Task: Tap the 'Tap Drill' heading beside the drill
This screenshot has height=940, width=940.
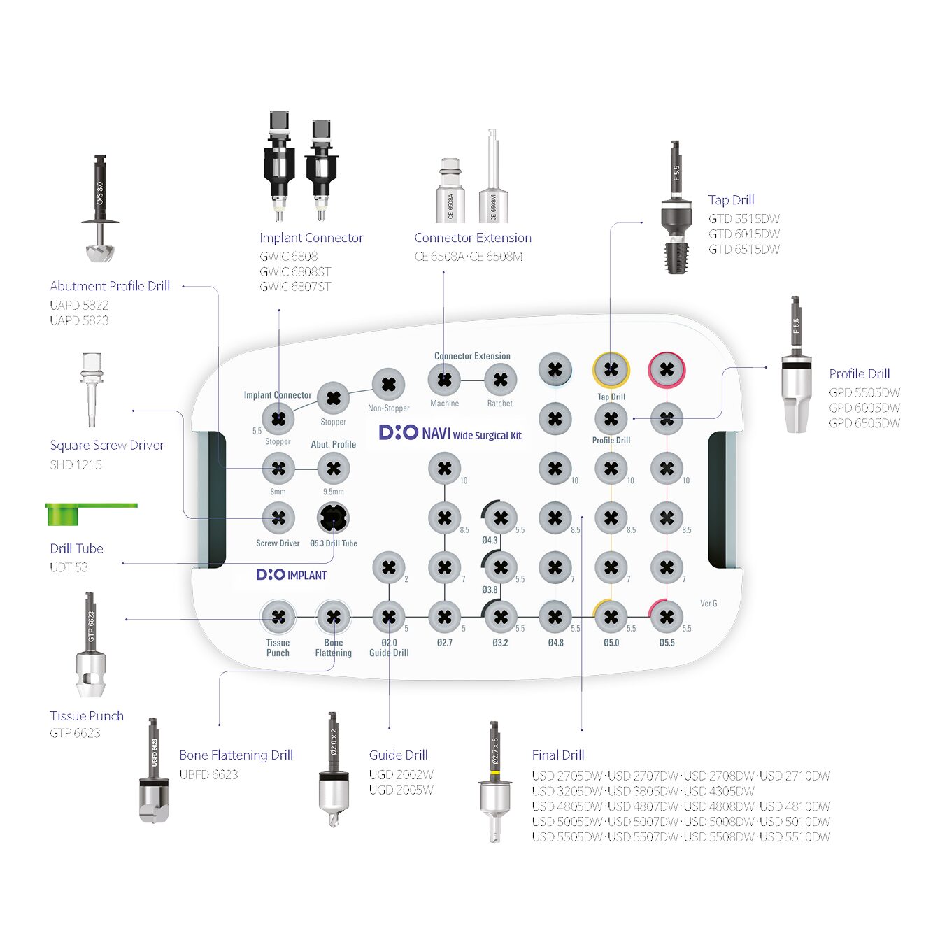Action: tap(731, 200)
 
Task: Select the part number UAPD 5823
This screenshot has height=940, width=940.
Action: tap(79, 320)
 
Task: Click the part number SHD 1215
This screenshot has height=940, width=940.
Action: tap(76, 464)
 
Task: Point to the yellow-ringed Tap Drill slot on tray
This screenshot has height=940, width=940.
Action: tap(611, 369)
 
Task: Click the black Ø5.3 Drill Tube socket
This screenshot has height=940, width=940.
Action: tap(333, 518)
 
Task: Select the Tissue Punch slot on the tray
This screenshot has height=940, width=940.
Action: tap(278, 617)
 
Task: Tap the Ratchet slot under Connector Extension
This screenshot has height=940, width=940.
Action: tap(500, 380)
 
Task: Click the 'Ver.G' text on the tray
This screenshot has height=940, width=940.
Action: tap(708, 603)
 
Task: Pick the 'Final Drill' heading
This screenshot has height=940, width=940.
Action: tap(557, 755)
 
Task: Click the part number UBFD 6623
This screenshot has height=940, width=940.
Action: tap(208, 774)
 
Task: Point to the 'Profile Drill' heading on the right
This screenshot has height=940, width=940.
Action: tap(859, 373)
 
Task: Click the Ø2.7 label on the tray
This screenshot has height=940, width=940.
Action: tap(444, 642)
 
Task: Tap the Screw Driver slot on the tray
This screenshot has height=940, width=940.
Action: tap(278, 518)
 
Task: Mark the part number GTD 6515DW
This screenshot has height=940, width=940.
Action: tap(743, 249)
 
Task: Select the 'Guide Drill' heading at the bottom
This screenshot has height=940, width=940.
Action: tap(398, 755)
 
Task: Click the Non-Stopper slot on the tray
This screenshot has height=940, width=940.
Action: tap(388, 384)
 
